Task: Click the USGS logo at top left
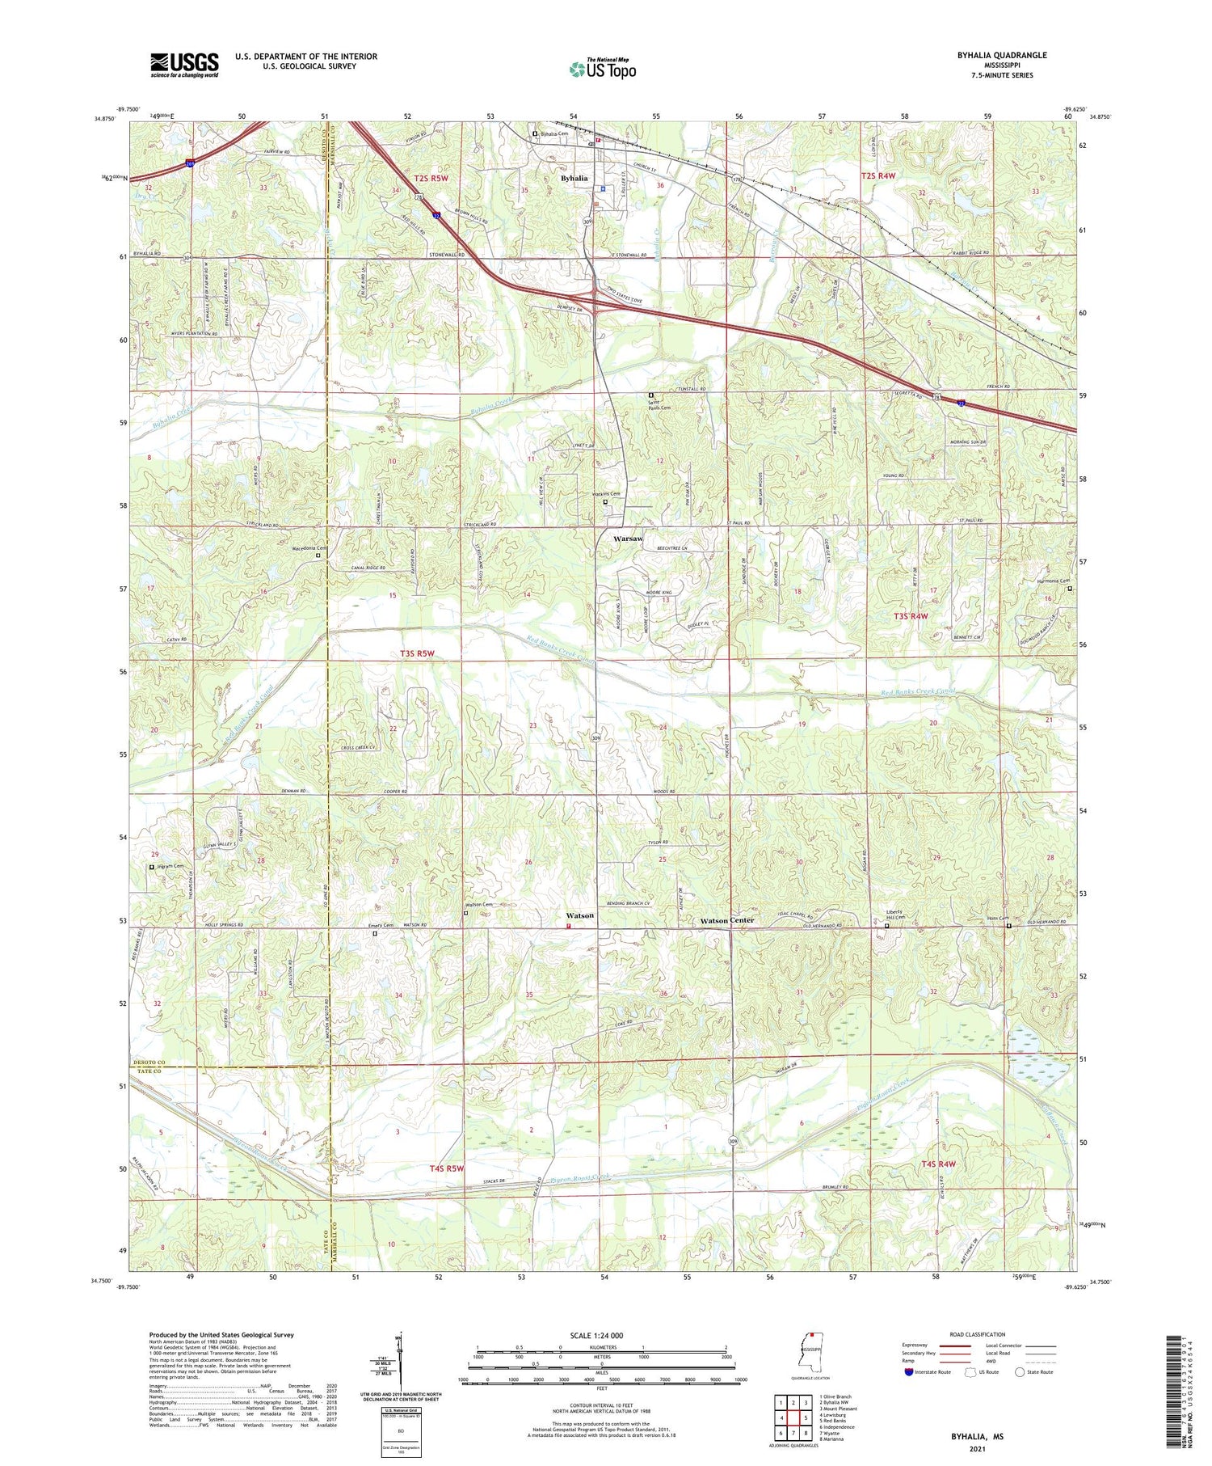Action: coord(184,65)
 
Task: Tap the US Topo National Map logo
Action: coord(602,69)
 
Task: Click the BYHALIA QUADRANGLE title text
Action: coord(1002,55)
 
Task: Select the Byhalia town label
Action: coord(574,178)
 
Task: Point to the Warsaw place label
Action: coord(628,539)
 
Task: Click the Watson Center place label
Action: coord(726,920)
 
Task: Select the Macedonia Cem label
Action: coord(302,547)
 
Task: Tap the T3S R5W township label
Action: coord(423,653)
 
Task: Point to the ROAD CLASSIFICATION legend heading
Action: coord(977,1334)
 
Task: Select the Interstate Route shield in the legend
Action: coord(908,1371)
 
